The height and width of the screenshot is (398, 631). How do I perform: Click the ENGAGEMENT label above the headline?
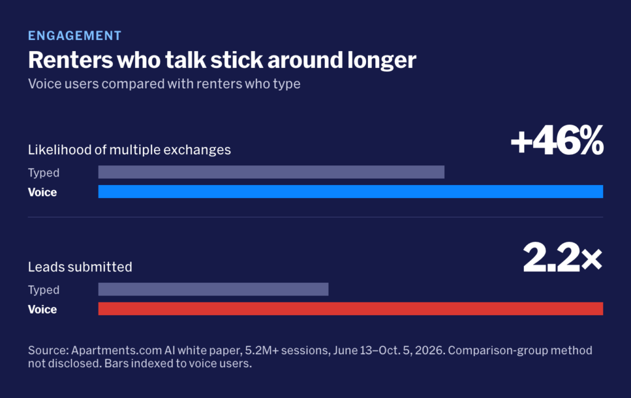pos(75,36)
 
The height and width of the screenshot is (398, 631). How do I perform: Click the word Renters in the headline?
pos(71,60)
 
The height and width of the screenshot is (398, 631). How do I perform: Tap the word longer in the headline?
pos(381,61)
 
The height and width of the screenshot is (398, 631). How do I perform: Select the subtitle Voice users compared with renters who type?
pos(164,84)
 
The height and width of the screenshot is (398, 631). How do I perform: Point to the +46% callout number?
pos(557,140)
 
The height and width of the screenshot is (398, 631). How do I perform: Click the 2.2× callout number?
pos(563,257)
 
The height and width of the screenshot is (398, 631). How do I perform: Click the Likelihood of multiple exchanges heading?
pos(129,150)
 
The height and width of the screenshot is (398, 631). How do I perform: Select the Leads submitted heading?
pos(80,267)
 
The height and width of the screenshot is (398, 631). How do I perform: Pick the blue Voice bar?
pos(351,192)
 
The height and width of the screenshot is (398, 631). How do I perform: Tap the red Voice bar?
pos(351,309)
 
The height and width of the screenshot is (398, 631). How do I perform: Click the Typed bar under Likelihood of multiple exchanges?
pos(271,172)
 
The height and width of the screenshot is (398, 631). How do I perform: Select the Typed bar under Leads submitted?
pos(213,289)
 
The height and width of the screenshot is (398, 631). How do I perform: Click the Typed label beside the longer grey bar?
pos(44,173)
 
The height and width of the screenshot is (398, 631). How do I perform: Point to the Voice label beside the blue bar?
pos(43,192)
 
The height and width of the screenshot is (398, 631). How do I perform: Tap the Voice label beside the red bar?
pos(43,309)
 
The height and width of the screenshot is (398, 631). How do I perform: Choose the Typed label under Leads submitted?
pos(44,290)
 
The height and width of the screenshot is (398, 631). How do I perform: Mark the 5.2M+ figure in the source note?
pos(262,350)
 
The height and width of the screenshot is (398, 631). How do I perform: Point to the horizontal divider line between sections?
pos(315,217)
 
